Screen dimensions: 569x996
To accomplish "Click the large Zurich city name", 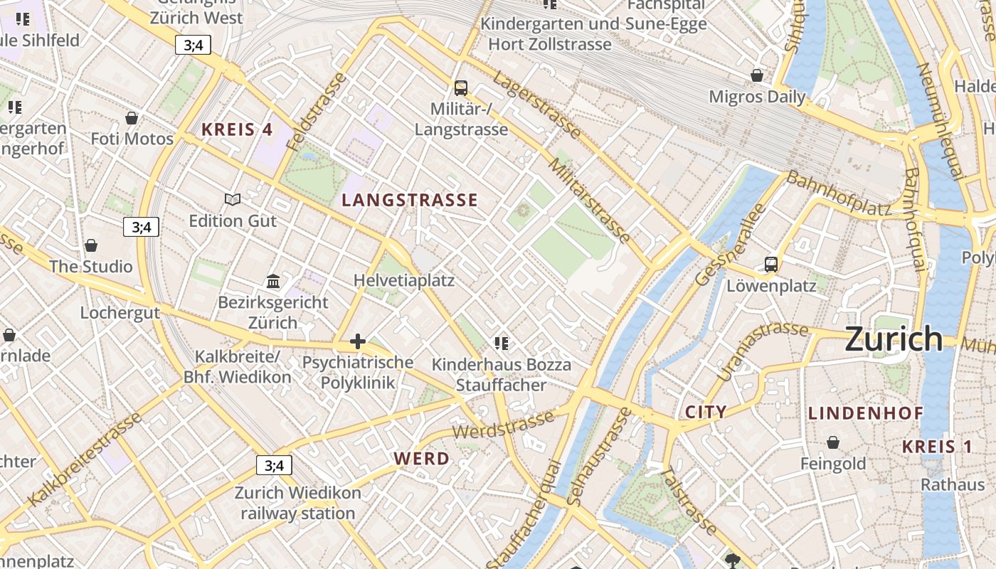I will click(x=894, y=339).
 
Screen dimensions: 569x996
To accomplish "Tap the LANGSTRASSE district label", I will click(x=410, y=200).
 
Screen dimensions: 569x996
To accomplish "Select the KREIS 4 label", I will click(x=237, y=129).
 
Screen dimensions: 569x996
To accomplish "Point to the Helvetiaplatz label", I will click(x=404, y=280).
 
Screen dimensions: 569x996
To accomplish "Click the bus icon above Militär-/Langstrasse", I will click(x=461, y=88).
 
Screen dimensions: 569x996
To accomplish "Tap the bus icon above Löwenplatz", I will click(x=771, y=265).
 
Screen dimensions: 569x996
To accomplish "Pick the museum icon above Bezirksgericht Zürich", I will click(x=273, y=281).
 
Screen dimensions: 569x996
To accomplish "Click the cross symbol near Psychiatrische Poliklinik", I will click(x=358, y=342).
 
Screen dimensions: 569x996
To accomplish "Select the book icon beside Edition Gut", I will click(x=233, y=200).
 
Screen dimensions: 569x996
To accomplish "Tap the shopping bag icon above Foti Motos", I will click(x=132, y=118).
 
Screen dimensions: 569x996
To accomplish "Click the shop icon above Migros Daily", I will click(x=757, y=75).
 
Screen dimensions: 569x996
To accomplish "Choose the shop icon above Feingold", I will click(x=833, y=443).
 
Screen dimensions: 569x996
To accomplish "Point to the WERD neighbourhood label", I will click(x=422, y=459).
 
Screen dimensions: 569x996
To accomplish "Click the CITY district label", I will click(x=706, y=412).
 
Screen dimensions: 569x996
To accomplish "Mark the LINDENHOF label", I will click(x=866, y=413).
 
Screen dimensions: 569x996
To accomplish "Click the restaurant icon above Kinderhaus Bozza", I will click(x=502, y=344).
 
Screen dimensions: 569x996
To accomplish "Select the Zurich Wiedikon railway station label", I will click(x=297, y=503).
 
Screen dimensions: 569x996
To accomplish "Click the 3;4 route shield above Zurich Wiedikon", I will click(x=274, y=466).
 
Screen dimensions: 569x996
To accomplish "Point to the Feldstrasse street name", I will click(x=317, y=112).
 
